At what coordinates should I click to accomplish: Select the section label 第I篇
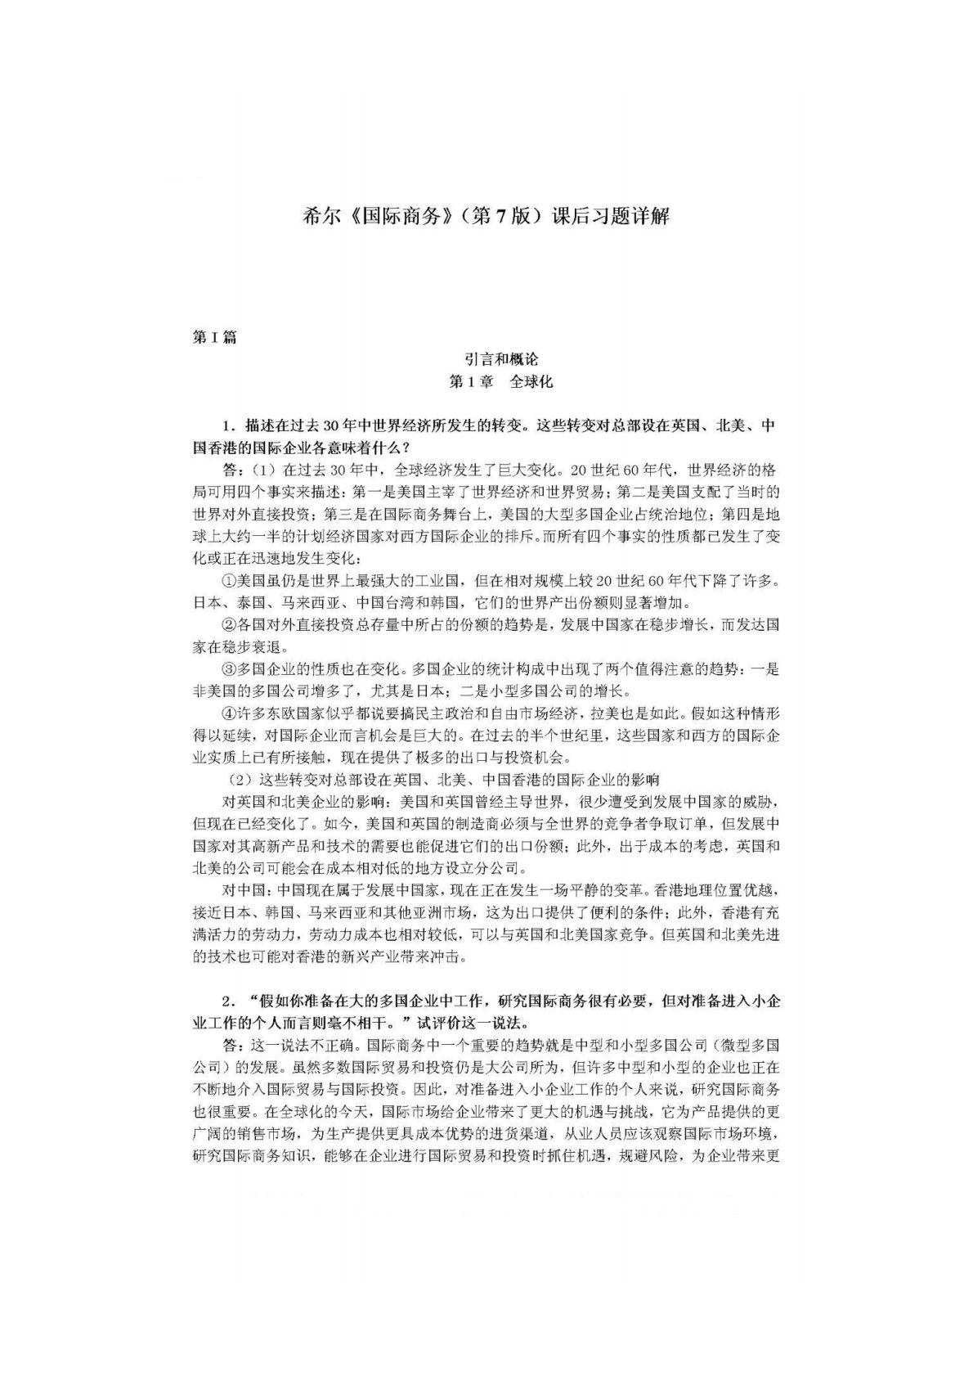click(213, 336)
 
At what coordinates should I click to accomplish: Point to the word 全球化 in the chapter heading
click(532, 381)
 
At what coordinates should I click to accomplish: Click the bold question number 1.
click(229, 427)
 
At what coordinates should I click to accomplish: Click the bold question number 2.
click(229, 1001)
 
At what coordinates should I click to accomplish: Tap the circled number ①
click(229, 582)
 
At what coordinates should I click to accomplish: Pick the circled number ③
click(229, 668)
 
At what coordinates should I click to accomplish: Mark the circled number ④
click(229, 713)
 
